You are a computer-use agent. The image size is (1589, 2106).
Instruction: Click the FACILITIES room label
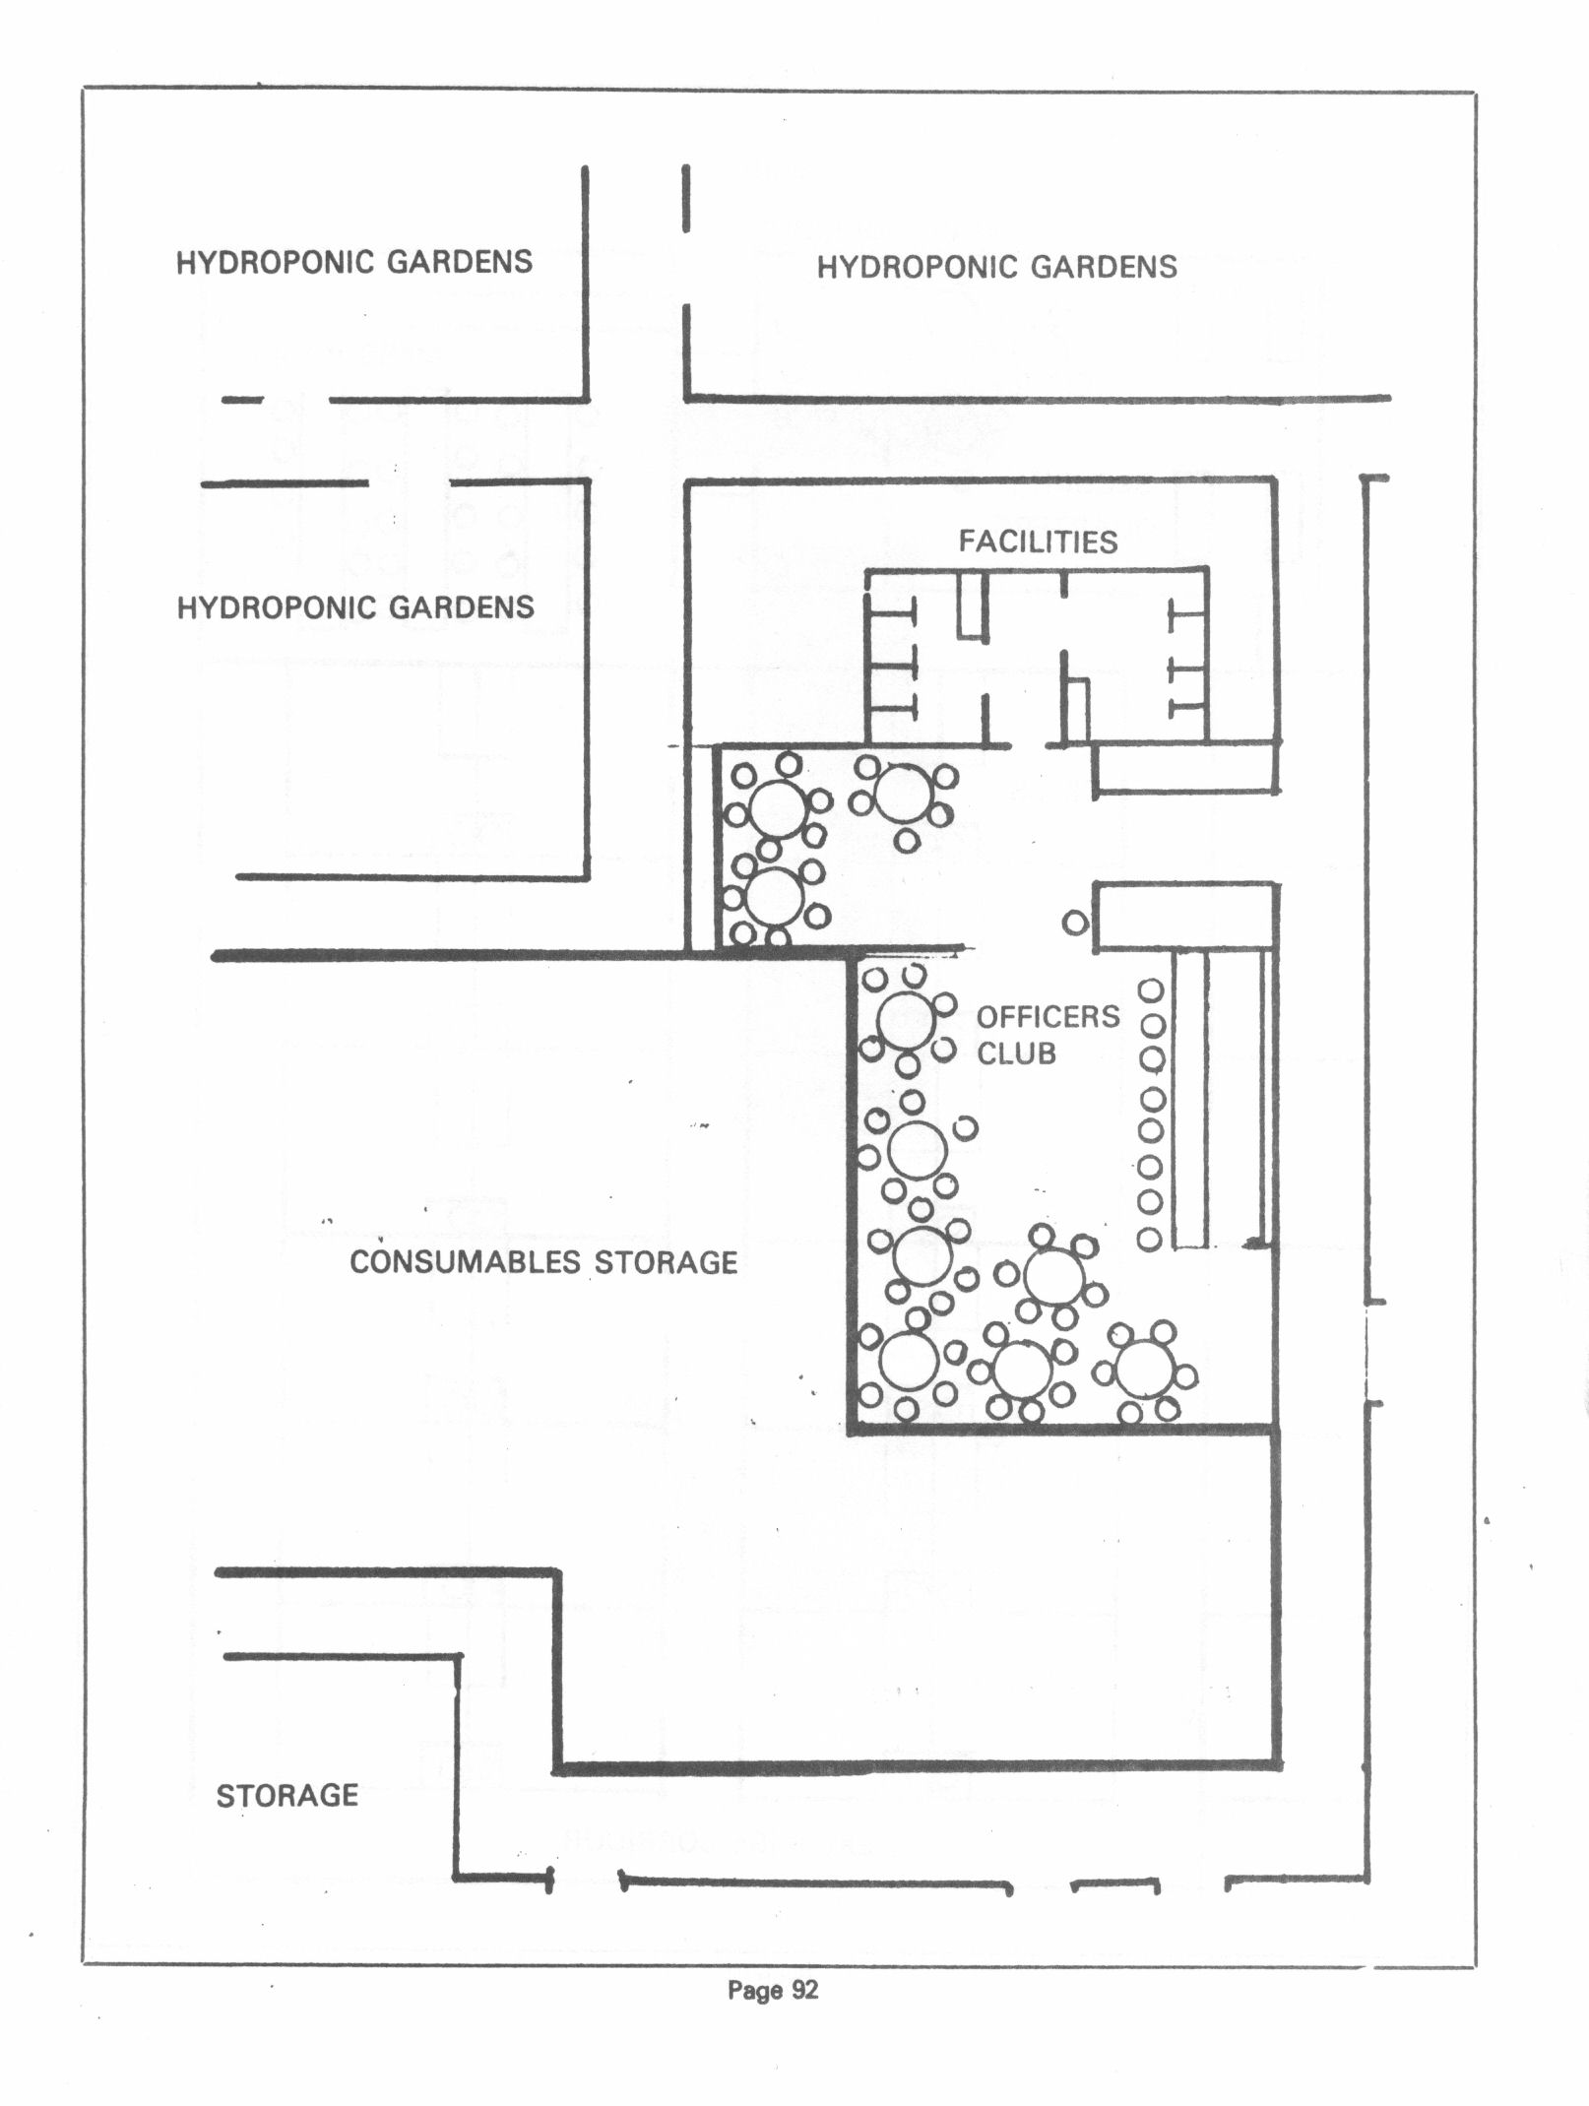click(1039, 542)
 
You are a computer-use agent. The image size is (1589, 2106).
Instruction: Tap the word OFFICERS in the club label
click(1049, 1016)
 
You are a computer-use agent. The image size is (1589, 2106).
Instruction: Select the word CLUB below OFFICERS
click(1016, 1053)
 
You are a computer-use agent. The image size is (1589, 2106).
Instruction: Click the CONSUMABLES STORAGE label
click(544, 1262)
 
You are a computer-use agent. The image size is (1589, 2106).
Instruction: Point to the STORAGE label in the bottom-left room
click(287, 1796)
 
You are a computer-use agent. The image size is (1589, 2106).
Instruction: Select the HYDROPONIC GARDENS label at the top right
click(997, 267)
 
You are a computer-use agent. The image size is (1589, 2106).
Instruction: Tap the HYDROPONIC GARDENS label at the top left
click(354, 262)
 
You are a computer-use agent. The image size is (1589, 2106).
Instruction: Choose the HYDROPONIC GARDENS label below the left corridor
click(355, 607)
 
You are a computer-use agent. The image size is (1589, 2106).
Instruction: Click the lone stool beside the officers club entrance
click(1076, 924)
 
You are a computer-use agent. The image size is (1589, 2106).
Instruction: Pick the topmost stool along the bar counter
click(1151, 990)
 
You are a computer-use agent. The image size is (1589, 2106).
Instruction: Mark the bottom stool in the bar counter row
click(1150, 1239)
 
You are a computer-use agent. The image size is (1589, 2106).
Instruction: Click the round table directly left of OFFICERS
click(907, 1021)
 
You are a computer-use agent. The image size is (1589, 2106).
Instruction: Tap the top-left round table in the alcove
click(779, 808)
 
